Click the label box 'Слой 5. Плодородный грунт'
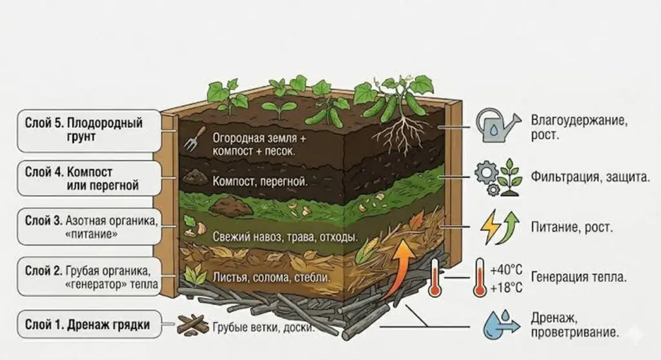coord(89,131)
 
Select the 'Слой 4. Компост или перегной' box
coord(89,178)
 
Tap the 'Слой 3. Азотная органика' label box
coord(89,227)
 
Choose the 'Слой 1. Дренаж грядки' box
coord(89,325)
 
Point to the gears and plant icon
coord(498,177)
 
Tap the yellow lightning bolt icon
coord(490,227)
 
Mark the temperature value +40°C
coord(506,270)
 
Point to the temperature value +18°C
coord(506,288)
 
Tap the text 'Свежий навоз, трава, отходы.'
coord(285,237)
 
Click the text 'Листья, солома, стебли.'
coord(272,277)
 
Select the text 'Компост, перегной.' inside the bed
coord(260,182)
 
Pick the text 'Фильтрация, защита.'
coord(590,177)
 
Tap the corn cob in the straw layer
coord(366,249)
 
